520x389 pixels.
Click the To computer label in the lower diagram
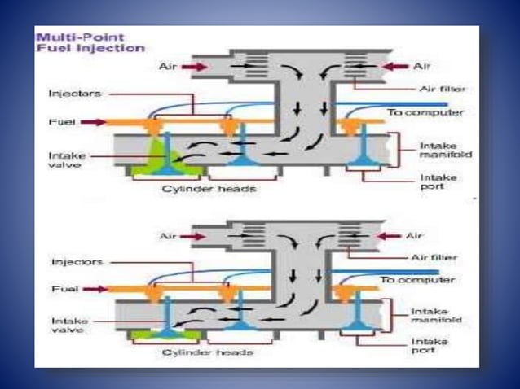(415, 279)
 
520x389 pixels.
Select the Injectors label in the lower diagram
(77, 262)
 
